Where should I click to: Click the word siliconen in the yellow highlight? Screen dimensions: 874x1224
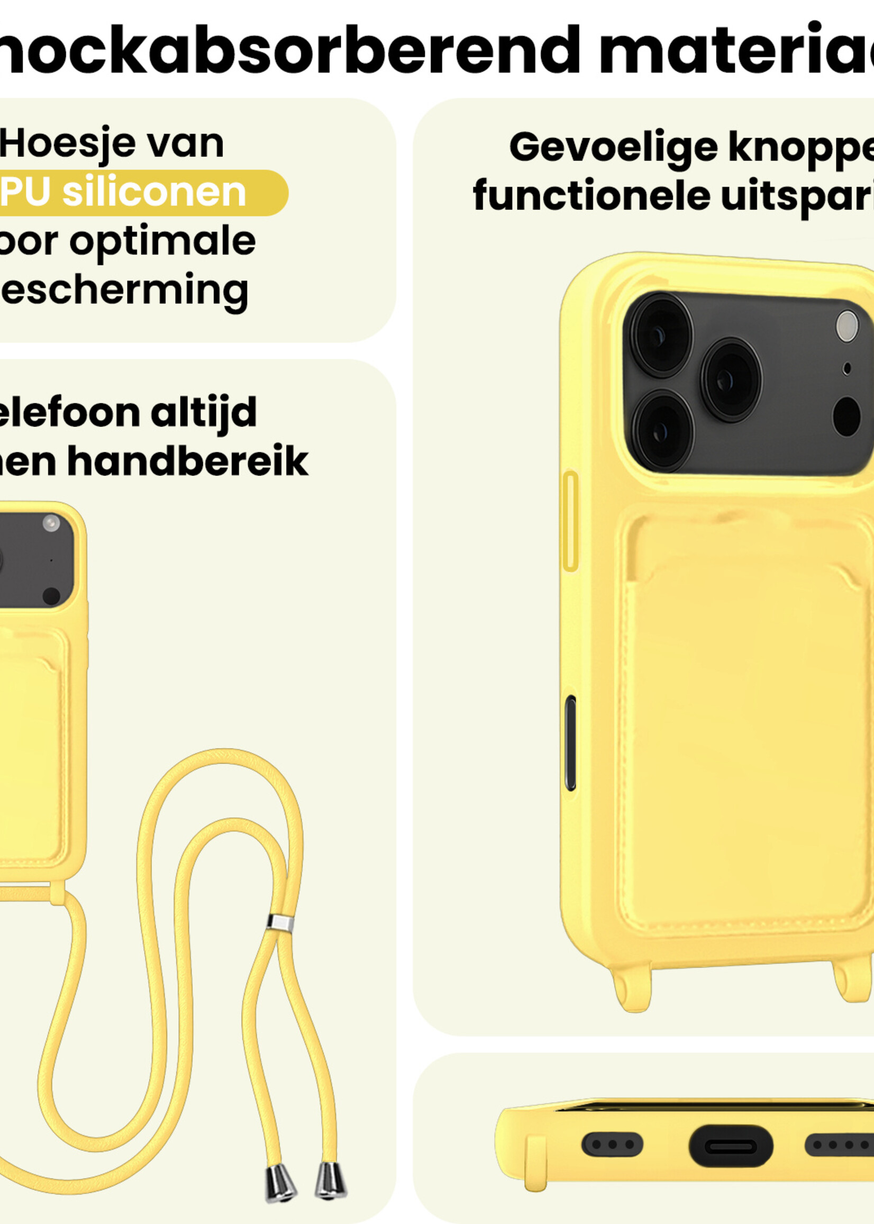[154, 192]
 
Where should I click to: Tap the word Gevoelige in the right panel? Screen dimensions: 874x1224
[613, 148]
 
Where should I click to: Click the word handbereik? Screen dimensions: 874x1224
[188, 461]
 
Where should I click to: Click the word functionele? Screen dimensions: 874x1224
[591, 196]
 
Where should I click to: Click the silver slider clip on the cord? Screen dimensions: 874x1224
[280, 922]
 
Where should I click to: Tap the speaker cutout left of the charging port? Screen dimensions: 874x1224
[613, 1144]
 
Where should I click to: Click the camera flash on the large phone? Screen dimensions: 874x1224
[847, 326]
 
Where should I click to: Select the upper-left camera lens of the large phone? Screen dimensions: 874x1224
[661, 335]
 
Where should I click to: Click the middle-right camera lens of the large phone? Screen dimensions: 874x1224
[731, 379]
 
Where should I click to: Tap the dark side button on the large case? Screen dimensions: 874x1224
[570, 743]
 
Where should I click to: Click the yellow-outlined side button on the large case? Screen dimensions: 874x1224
[570, 521]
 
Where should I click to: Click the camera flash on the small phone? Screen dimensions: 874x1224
[51, 523]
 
